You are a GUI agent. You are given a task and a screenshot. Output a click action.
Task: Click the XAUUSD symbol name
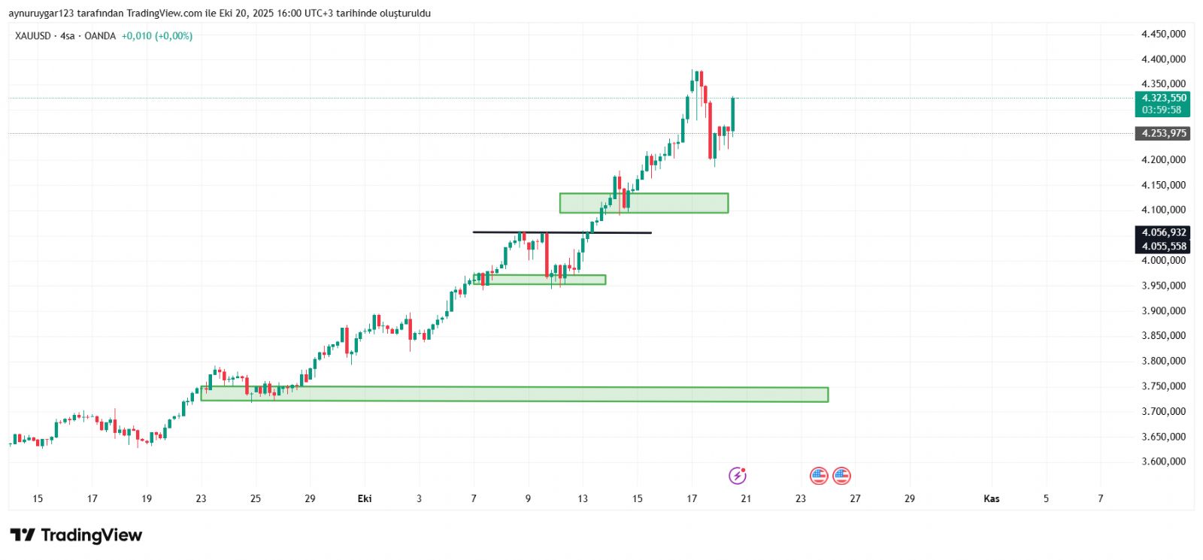[x=33, y=36]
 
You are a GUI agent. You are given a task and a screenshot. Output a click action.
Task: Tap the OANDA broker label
[x=100, y=36]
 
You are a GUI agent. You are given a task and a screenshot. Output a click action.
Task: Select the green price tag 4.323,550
[x=1163, y=98]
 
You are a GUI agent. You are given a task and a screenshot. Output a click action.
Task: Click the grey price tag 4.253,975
[x=1163, y=134]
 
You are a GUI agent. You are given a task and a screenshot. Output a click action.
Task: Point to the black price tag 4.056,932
[x=1163, y=233]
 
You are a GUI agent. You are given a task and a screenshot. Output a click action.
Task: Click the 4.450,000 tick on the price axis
[x=1163, y=34]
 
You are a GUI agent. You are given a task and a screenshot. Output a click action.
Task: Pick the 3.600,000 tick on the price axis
[x=1163, y=462]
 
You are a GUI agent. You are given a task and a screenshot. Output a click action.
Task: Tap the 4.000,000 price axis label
[x=1163, y=260]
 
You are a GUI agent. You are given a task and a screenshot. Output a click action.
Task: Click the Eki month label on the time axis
[x=365, y=498]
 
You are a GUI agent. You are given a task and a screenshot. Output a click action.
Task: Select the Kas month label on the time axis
[x=992, y=498]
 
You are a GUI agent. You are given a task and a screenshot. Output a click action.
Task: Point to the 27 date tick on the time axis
[x=855, y=498]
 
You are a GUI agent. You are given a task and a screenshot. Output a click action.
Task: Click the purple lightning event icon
[x=738, y=476]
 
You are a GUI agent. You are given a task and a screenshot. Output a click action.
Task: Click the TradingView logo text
[x=91, y=535]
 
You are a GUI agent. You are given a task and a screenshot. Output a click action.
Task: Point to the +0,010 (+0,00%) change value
[x=157, y=36]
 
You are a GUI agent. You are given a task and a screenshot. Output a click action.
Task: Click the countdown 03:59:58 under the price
[x=1161, y=110]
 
